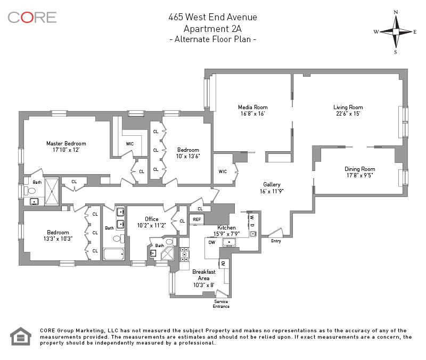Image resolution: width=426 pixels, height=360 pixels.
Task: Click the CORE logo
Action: pos(32,18)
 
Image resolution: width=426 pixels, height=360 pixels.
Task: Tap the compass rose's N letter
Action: pos(396,12)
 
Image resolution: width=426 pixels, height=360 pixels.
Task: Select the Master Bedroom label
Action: pos(66,143)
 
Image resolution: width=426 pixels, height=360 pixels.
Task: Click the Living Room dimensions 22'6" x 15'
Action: pos(348,114)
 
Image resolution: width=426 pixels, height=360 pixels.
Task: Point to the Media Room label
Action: pos(252,108)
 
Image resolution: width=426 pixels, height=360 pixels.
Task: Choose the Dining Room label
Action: pos(360,169)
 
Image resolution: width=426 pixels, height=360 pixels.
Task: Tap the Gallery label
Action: pos(272,185)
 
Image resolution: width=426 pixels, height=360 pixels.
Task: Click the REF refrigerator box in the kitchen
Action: pos(197,219)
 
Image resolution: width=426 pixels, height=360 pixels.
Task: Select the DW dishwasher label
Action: pos(212,242)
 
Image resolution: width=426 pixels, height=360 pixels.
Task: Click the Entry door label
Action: pos(276,241)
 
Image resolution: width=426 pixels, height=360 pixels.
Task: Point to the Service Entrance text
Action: pos(221,304)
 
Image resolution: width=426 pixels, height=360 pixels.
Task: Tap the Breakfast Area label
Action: pos(204,275)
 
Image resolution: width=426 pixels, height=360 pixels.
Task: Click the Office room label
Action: pos(152,219)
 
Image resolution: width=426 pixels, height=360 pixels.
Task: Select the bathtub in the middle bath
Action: pos(114,255)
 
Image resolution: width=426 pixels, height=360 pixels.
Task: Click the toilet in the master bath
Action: pos(30,191)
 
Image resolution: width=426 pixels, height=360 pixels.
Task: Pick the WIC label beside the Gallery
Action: pos(223,171)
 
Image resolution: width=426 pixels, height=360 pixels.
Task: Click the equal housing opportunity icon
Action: pos(21,337)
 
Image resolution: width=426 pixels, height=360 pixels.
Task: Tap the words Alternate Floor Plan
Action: pos(212,39)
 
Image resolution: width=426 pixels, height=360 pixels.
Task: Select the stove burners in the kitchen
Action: pos(184,255)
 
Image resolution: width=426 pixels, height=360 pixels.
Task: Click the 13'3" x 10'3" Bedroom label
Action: pos(58,235)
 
